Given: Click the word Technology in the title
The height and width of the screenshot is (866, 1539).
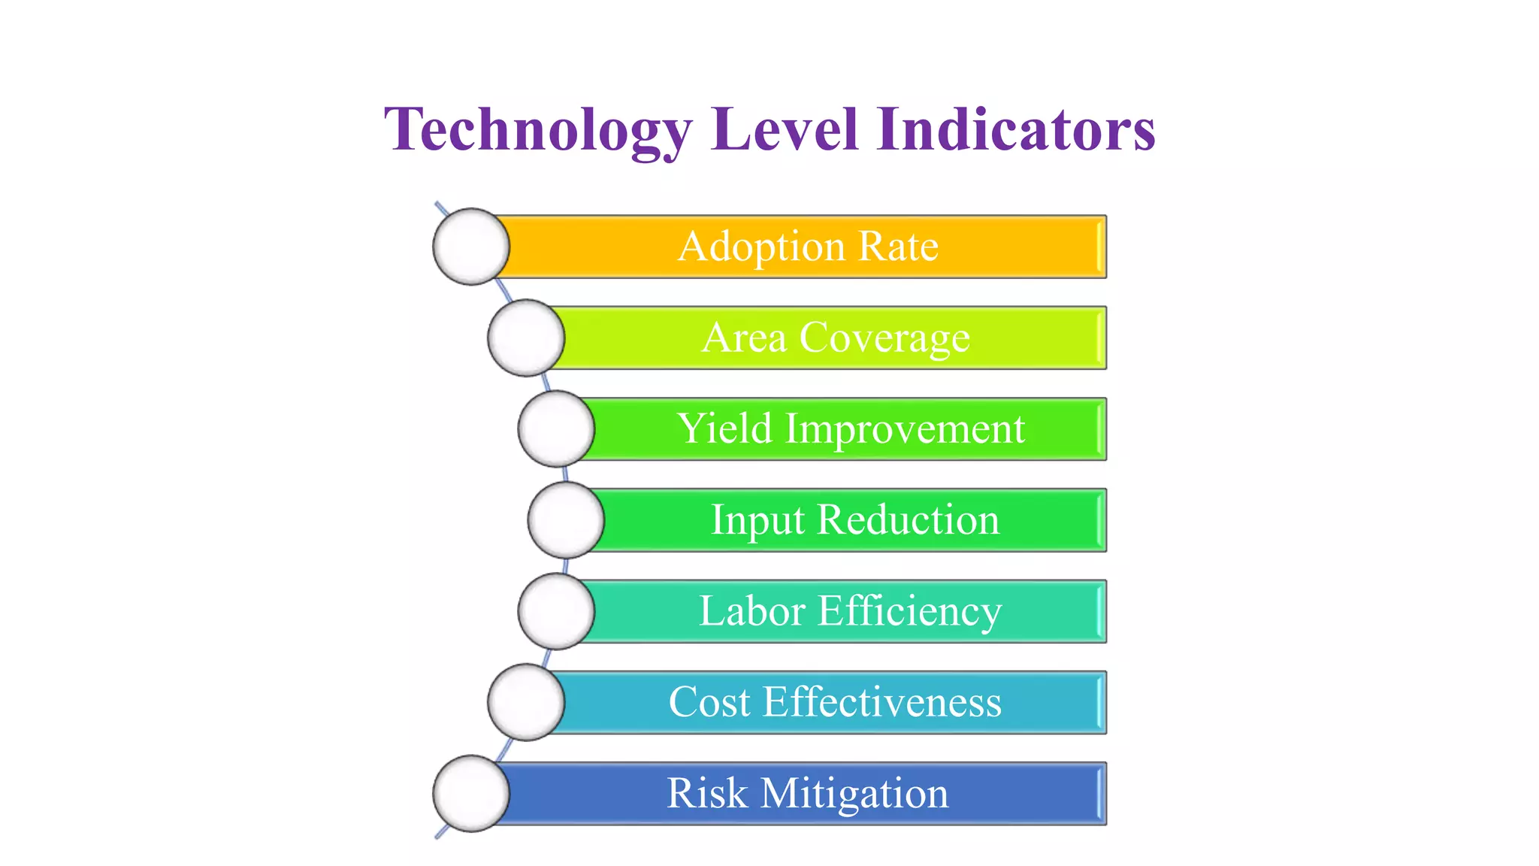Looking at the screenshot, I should [x=537, y=129].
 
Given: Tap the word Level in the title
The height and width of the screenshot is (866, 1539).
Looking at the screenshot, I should [x=785, y=129].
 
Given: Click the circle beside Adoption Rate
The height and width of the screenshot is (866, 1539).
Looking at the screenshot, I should [x=471, y=247].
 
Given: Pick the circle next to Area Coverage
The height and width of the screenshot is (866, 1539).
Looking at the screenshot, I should [x=526, y=338].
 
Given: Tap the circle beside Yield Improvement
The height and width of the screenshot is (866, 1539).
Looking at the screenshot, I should [x=556, y=428].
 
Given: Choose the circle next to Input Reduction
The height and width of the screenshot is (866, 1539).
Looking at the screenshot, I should [x=566, y=520].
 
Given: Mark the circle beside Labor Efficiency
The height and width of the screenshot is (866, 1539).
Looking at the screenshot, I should [x=556, y=611].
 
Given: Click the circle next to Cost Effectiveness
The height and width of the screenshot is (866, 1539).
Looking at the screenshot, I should [x=526, y=702].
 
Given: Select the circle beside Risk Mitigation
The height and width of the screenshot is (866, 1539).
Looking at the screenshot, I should [x=471, y=794].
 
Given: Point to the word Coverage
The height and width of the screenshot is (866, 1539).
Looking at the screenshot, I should [x=884, y=338].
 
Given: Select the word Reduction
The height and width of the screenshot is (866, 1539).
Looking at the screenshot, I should [x=908, y=520].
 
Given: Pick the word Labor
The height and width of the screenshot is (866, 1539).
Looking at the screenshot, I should [x=752, y=611].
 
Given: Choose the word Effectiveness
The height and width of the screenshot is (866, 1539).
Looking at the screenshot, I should [x=882, y=702].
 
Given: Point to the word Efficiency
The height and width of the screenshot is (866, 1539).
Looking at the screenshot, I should [x=909, y=611].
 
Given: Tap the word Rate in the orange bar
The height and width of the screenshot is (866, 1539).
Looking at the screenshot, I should [x=898, y=247].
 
